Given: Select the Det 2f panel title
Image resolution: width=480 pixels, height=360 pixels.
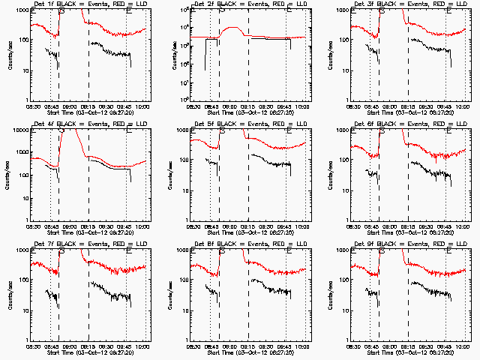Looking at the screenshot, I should (x=249, y=5).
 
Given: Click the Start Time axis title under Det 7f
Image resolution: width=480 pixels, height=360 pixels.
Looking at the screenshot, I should (x=90, y=354).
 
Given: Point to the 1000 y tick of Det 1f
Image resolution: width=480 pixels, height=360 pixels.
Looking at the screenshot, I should (x=21, y=10).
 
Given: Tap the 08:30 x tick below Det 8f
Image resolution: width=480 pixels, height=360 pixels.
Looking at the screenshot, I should (x=193, y=348).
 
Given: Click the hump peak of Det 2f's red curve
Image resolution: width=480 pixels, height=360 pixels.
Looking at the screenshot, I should (x=233, y=29).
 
